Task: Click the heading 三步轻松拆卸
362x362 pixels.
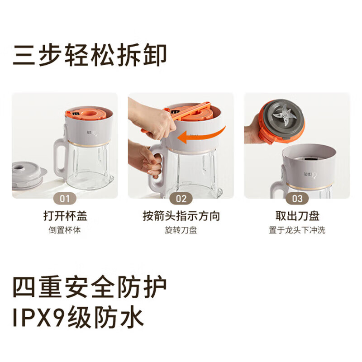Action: pyautogui.click(x=90, y=55)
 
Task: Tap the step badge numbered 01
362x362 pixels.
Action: pyautogui.click(x=65, y=198)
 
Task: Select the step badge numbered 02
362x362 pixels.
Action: pyautogui.click(x=181, y=198)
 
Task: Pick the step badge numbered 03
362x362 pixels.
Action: pyautogui.click(x=297, y=198)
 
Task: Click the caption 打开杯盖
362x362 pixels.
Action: pyautogui.click(x=65, y=216)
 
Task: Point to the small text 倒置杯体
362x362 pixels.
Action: pyautogui.click(x=65, y=230)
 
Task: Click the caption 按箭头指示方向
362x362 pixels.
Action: pyautogui.click(x=181, y=216)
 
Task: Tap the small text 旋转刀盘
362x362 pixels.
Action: pyautogui.click(x=181, y=230)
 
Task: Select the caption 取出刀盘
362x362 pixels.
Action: pyautogui.click(x=297, y=216)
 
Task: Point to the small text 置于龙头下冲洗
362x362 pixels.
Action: pyautogui.click(x=297, y=230)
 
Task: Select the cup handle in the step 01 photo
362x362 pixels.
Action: pyautogui.click(x=60, y=157)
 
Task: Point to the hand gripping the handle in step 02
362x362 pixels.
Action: pyautogui.click(x=147, y=158)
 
